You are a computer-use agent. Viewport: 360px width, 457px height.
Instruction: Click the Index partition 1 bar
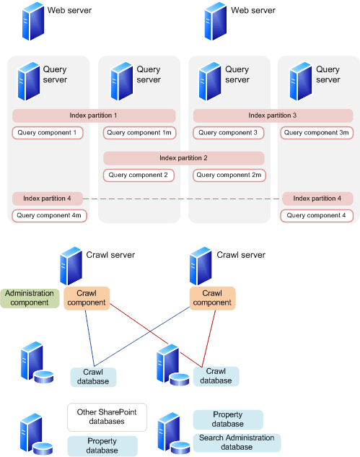click(x=94, y=116)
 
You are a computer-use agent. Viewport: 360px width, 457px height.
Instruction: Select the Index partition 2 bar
click(x=184, y=157)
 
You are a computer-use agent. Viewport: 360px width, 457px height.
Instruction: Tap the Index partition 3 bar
click(x=273, y=116)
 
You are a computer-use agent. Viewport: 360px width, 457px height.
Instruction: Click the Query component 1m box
click(x=139, y=133)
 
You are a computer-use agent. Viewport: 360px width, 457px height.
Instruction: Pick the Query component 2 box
click(x=139, y=175)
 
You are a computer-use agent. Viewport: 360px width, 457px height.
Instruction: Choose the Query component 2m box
click(x=229, y=175)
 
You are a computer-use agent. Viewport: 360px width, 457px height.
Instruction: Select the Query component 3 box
click(x=228, y=133)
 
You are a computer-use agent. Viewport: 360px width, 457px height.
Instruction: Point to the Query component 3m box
click(x=317, y=133)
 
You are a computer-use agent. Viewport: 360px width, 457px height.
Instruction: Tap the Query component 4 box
click(x=317, y=215)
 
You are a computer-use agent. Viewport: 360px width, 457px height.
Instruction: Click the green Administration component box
click(x=30, y=297)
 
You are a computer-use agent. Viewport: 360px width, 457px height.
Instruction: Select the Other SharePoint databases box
click(x=107, y=417)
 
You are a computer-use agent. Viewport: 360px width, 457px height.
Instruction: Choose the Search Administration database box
click(x=237, y=443)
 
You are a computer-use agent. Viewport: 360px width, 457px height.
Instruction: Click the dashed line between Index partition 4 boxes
click(x=183, y=199)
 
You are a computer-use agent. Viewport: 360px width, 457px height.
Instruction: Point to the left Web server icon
click(x=33, y=21)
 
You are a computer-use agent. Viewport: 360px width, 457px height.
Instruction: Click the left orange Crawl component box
click(x=87, y=297)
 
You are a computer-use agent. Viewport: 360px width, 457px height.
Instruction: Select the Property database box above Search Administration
click(x=228, y=419)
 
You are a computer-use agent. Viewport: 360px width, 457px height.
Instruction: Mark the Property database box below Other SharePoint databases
click(x=102, y=445)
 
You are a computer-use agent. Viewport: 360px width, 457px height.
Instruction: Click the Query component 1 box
click(x=48, y=133)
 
